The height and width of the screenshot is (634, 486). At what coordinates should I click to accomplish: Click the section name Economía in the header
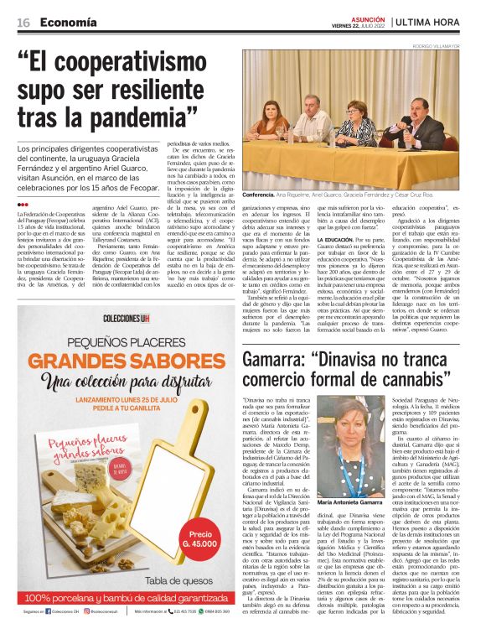pos(68,23)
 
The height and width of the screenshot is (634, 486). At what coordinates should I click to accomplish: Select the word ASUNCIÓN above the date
pos(368,18)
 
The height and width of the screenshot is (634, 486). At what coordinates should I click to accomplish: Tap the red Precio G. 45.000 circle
pos(201,537)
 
